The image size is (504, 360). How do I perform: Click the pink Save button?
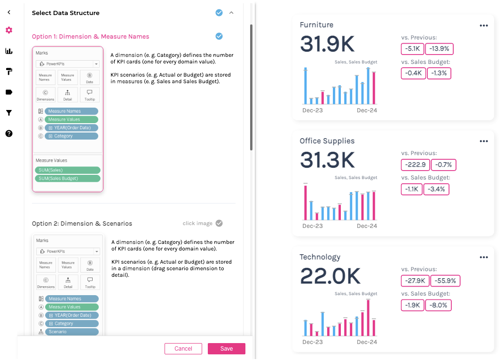tap(226, 349)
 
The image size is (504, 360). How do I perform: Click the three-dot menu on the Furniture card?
tap(484, 26)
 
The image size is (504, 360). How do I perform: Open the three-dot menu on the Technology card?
tap(484, 258)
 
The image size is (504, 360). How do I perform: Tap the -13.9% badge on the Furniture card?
tap(440, 49)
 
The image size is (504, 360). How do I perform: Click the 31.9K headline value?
tap(327, 44)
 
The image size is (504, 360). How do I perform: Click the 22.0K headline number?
tap(330, 276)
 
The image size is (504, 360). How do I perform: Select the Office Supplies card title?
tap(327, 141)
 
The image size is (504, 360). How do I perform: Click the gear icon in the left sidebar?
tap(9, 30)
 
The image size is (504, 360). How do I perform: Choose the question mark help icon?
tap(9, 133)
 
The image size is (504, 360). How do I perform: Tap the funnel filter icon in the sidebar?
tap(9, 113)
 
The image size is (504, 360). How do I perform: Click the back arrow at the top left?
tap(9, 12)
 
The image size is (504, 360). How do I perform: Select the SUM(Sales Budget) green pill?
tap(68, 179)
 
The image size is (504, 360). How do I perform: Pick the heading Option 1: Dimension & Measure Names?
tap(90, 37)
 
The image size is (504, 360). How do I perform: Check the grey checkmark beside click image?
tap(219, 223)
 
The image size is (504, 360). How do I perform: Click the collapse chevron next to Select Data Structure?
tap(231, 13)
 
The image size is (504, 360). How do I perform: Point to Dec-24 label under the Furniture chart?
tap(367, 110)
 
